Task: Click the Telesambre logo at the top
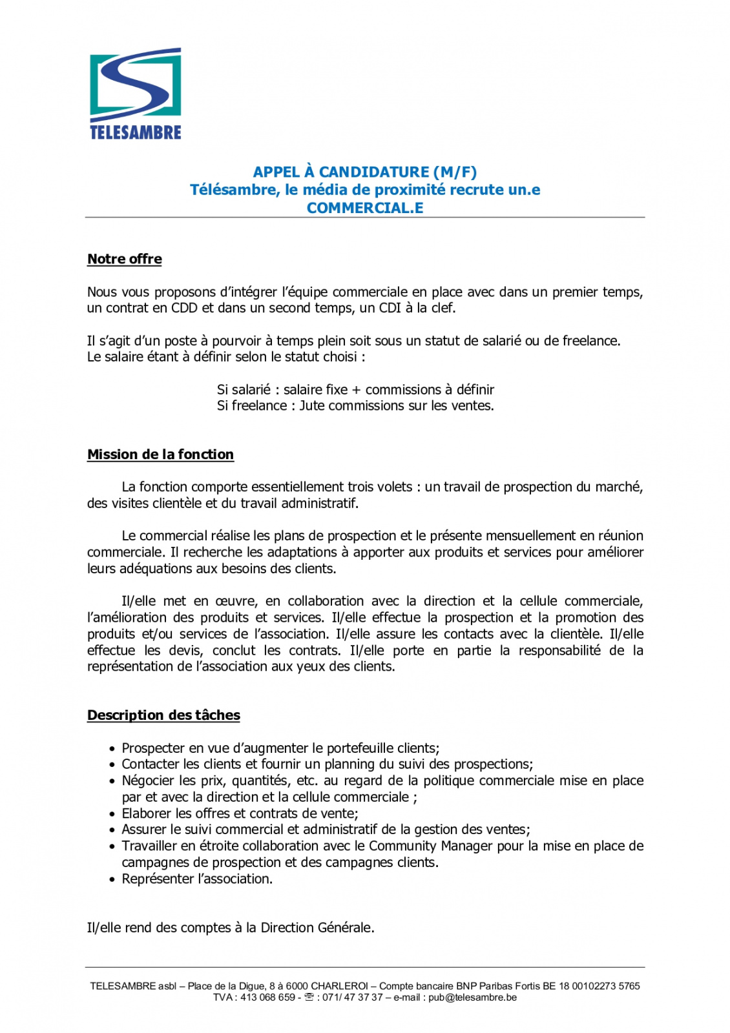pyautogui.click(x=136, y=94)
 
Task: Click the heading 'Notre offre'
pyautogui.click(x=125, y=259)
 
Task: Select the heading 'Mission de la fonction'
pyautogui.click(x=160, y=455)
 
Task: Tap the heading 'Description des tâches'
pyautogui.click(x=163, y=715)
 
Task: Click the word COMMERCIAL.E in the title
pyautogui.click(x=365, y=208)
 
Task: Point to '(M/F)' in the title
pyautogui.click(x=455, y=172)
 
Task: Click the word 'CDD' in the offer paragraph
pyautogui.click(x=184, y=308)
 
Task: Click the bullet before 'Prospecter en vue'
pyautogui.click(x=113, y=749)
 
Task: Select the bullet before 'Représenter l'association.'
pyautogui.click(x=113, y=879)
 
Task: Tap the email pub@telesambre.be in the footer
pyautogui.click(x=472, y=997)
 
